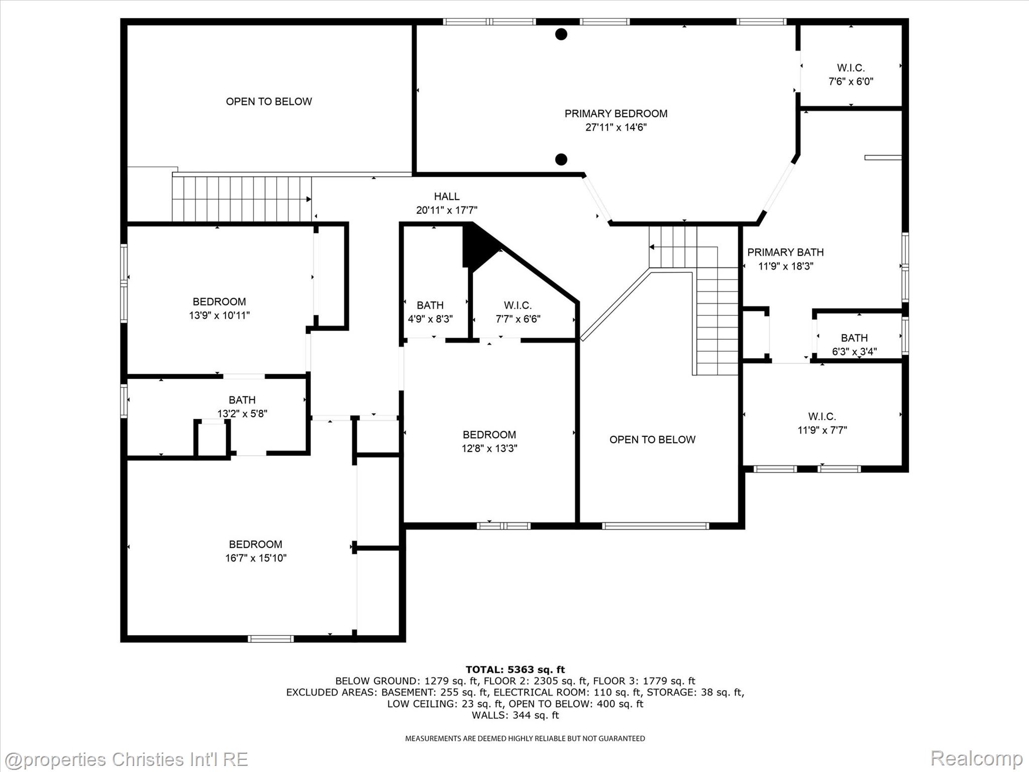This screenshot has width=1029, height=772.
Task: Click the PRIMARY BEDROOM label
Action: click(615, 114)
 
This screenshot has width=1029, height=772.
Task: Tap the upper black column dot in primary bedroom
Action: click(561, 34)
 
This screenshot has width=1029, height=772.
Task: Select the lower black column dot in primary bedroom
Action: click(561, 159)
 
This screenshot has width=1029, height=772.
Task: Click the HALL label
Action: click(447, 197)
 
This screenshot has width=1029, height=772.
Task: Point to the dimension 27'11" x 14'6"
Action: click(615, 127)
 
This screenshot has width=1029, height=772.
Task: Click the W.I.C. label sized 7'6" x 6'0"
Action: click(851, 68)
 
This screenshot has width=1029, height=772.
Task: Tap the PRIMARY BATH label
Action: click(785, 252)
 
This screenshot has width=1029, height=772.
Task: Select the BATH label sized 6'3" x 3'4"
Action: click(854, 338)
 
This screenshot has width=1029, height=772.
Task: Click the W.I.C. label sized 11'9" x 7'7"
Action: click(822, 416)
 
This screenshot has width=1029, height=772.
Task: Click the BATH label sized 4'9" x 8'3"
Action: click(430, 305)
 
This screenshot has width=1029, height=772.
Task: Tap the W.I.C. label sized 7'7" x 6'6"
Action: click(518, 305)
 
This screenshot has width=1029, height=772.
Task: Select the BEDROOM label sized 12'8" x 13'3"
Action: click(489, 435)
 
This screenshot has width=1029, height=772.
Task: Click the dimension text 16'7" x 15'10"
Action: click(256, 558)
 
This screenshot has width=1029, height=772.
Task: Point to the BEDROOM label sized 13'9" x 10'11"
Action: click(219, 302)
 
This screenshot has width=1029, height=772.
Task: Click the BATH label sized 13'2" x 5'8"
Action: click(242, 400)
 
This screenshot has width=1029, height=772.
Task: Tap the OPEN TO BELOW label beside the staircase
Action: click(652, 440)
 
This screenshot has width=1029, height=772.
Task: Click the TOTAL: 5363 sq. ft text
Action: click(515, 669)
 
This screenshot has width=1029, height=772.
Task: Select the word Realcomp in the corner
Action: click(976, 758)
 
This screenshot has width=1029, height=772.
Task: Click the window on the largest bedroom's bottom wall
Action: click(271, 639)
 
